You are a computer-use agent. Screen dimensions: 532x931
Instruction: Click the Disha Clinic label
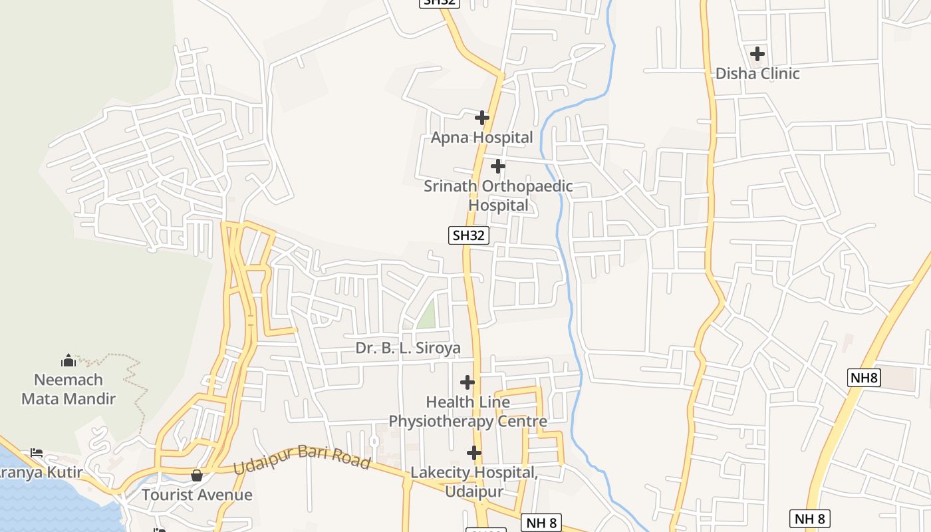pos(757,73)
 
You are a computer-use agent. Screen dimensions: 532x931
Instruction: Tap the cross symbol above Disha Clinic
pos(757,53)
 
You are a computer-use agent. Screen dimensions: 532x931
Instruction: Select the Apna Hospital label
pos(482,138)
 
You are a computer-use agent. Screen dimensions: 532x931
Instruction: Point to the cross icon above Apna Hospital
pos(482,118)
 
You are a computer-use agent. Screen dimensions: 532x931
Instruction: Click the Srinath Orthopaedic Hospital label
pos(498,196)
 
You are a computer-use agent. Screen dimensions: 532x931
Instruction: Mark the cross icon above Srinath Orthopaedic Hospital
pos(497,166)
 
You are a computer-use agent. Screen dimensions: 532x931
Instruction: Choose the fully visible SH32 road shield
pos(469,235)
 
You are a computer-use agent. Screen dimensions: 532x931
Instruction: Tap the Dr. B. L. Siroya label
pos(408,348)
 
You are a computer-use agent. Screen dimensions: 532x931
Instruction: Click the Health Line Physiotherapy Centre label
pos(468,412)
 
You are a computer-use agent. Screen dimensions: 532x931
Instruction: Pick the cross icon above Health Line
pos(467,382)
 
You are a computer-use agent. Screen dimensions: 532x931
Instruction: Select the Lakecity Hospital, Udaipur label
pos(473,481)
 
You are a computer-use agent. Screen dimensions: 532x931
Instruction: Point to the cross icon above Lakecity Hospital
pos(473,453)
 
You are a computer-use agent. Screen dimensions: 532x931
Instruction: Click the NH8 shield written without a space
pos(864,378)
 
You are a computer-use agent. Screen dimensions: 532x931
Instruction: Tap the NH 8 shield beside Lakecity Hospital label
pos(541,523)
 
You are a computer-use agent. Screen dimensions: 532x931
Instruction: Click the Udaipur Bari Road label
pos(302,459)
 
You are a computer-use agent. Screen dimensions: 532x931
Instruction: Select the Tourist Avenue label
pos(197,495)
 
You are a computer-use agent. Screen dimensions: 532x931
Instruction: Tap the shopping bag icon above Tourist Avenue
pos(196,475)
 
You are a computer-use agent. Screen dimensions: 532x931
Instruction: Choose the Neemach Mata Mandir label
pos(68,389)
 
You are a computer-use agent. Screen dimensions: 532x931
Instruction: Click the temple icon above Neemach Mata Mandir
pos(68,361)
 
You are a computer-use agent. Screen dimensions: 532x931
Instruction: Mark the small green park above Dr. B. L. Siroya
pos(427,314)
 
